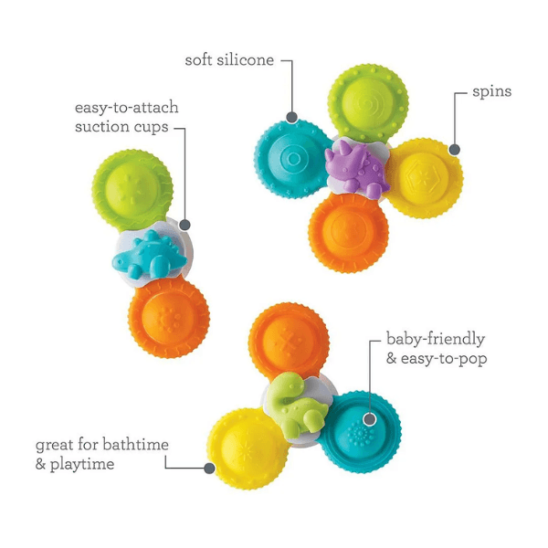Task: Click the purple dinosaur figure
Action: click(356, 169)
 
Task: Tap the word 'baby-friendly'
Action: click(434, 340)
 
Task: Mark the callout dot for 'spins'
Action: click(454, 149)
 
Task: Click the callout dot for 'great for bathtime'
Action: click(209, 469)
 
